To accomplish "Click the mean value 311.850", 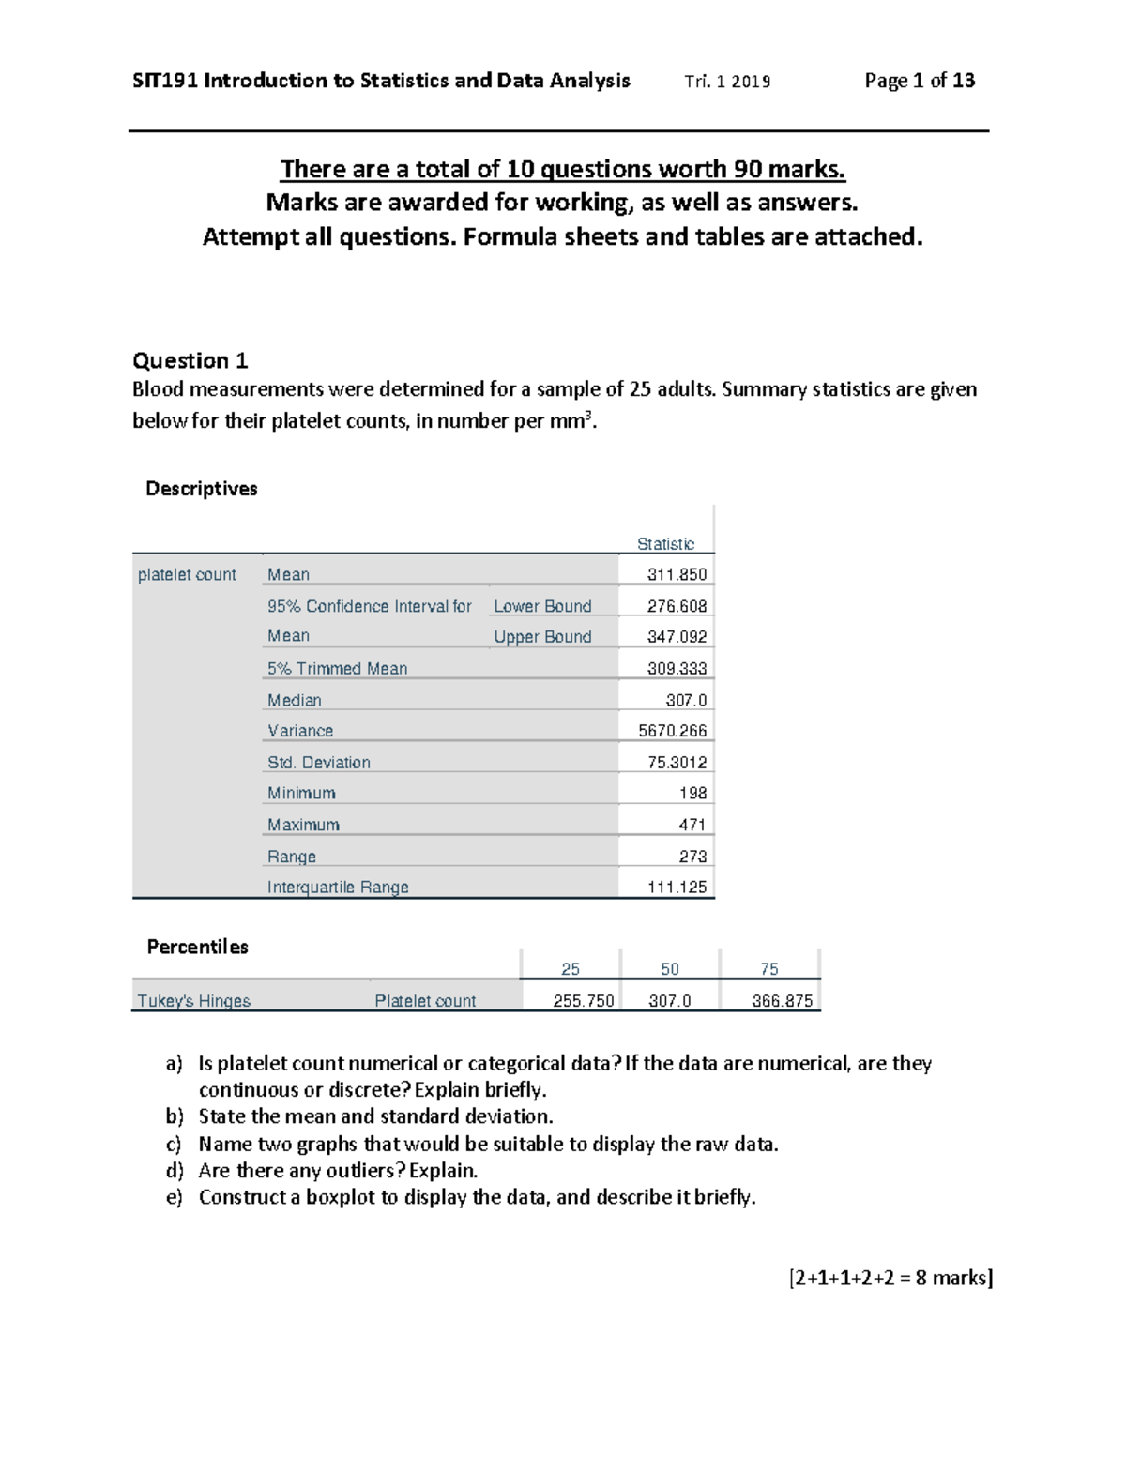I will (x=677, y=574).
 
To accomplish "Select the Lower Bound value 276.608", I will (x=677, y=606).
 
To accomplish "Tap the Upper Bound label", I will (x=542, y=637).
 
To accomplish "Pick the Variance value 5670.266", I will (x=672, y=731).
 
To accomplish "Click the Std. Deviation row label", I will (x=319, y=763).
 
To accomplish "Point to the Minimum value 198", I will (x=692, y=794).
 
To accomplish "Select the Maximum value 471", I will (x=692, y=825).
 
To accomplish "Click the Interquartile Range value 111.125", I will (x=677, y=888).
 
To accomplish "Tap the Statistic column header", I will (x=665, y=544).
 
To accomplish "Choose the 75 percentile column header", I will (x=769, y=969).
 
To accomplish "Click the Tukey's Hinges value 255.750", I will (x=583, y=1001).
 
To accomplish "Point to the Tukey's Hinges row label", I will (x=194, y=1001).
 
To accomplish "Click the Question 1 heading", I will (x=190, y=361).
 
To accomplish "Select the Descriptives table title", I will (x=201, y=489).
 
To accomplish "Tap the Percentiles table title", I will (x=197, y=947).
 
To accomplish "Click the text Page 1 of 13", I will (x=920, y=81).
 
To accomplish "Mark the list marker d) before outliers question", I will (x=174, y=1171).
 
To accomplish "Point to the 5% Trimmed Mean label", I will (x=337, y=669).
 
